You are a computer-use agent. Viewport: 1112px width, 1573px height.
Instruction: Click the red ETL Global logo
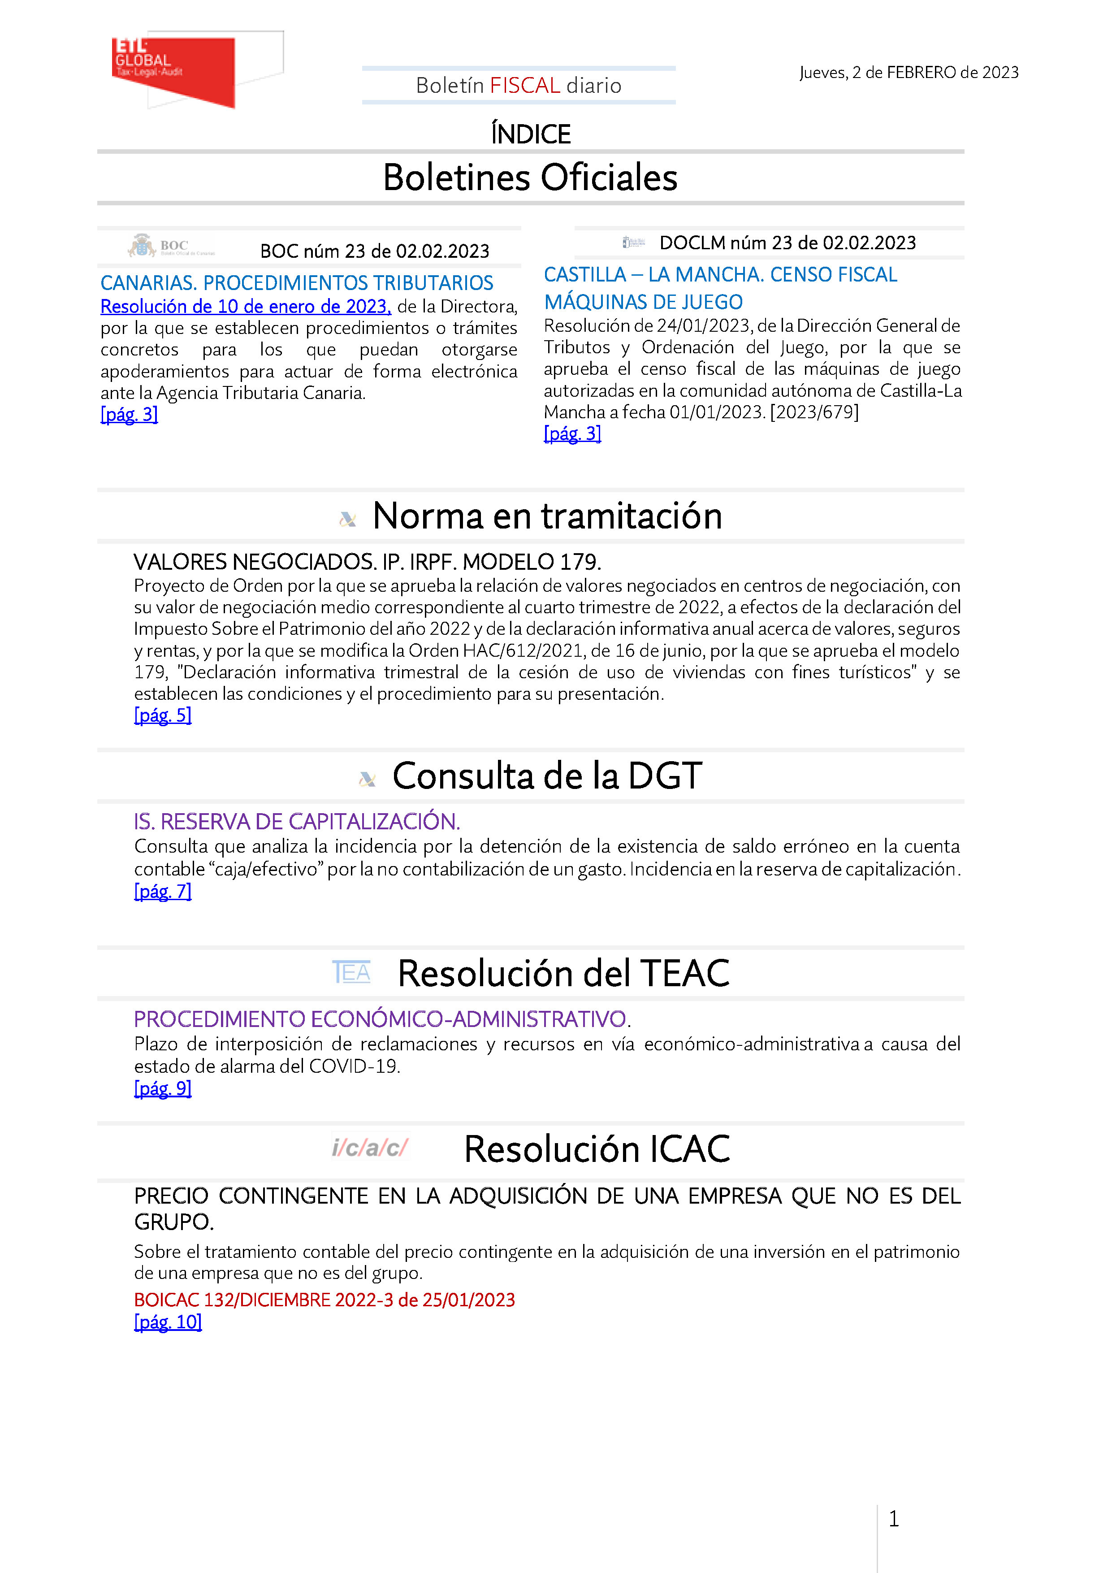tap(174, 70)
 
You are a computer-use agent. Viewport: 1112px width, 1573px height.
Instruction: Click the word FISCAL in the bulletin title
tap(525, 86)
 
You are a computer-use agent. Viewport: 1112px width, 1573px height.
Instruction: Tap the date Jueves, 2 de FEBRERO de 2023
tap(909, 73)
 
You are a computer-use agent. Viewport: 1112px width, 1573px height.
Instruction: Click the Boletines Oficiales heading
tap(530, 178)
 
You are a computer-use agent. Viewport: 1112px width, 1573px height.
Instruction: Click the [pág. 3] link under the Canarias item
tap(129, 415)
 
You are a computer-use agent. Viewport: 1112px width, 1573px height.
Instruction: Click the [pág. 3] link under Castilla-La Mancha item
tap(572, 433)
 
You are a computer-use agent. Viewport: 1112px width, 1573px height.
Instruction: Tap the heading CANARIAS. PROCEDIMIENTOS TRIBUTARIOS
tap(297, 283)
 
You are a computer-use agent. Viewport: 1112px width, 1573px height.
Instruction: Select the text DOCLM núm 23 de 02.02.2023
tap(787, 243)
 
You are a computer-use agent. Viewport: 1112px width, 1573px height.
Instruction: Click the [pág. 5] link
tap(162, 715)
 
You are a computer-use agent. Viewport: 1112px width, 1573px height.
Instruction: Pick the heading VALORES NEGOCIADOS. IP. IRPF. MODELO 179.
tap(367, 562)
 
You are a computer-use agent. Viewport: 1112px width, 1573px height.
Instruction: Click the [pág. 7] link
tap(162, 891)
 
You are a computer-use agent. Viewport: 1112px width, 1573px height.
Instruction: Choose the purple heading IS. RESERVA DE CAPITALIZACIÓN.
tap(297, 821)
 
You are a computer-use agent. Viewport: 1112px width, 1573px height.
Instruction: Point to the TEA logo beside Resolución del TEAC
tap(351, 972)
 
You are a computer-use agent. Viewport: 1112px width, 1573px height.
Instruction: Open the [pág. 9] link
tap(162, 1088)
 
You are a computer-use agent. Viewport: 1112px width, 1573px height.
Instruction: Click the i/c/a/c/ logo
tap(369, 1148)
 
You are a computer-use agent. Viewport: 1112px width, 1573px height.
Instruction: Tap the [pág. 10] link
tap(168, 1322)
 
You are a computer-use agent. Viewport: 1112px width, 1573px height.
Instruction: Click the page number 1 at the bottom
tap(893, 1519)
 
